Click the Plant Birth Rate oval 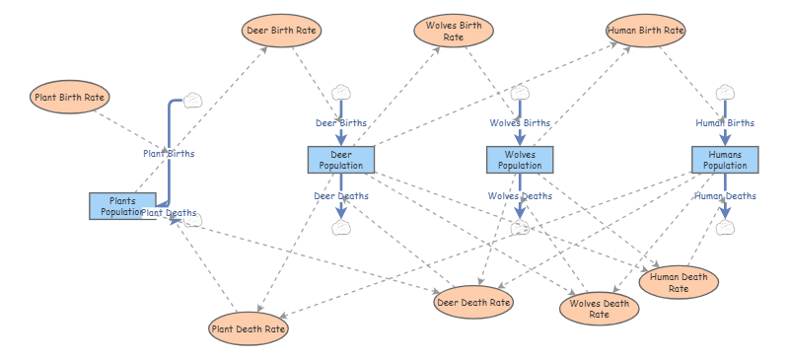click(69, 97)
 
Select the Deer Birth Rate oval click(281, 31)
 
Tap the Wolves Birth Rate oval click(454, 31)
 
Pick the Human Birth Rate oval click(646, 31)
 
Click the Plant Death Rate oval click(249, 328)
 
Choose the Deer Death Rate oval click(473, 302)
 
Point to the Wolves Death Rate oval click(600, 309)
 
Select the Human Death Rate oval click(679, 282)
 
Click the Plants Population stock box click(122, 206)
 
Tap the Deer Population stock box click(341, 160)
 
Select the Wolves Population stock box click(520, 160)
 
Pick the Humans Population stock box click(725, 160)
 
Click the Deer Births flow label click(341, 123)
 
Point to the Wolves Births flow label click(520, 123)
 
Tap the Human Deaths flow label click(725, 196)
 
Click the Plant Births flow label click(169, 154)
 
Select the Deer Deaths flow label click(341, 196)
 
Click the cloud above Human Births click(725, 93)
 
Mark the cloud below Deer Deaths click(341, 228)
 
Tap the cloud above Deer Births click(341, 93)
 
